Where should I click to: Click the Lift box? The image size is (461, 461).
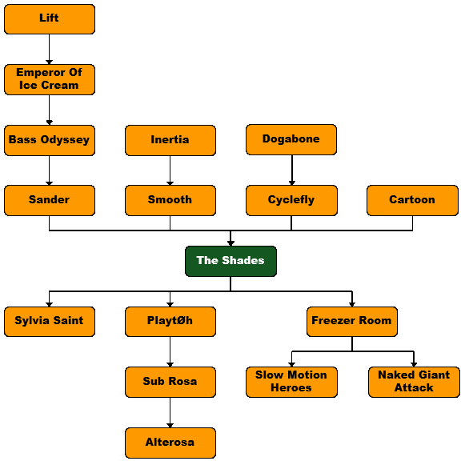[x=50, y=19]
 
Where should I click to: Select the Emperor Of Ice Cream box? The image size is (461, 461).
[x=50, y=80]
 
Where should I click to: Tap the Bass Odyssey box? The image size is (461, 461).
[x=50, y=140]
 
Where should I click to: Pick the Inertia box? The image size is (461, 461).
[x=170, y=140]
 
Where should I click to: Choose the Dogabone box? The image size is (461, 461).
[x=291, y=139]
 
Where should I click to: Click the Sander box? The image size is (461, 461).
[x=50, y=201]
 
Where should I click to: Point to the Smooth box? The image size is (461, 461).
[x=170, y=201]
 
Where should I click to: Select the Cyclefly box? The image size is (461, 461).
[x=291, y=201]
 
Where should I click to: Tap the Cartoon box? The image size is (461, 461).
[x=412, y=201]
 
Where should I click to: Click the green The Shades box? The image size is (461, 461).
[x=230, y=262]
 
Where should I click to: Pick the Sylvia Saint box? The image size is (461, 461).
[x=50, y=322]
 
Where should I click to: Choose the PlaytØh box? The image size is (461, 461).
[x=170, y=322]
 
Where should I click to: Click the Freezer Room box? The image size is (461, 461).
[x=352, y=322]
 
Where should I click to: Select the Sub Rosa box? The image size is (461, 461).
[x=170, y=383]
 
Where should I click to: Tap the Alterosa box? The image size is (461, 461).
[x=170, y=443]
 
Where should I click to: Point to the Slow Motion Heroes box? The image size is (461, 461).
[x=291, y=383]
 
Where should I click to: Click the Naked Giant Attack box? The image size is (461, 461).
[x=414, y=383]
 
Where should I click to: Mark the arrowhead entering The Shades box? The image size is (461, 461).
[x=230, y=243]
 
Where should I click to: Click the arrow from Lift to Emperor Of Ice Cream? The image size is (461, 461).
[x=49, y=49]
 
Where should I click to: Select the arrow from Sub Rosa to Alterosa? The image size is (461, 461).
[x=170, y=412]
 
